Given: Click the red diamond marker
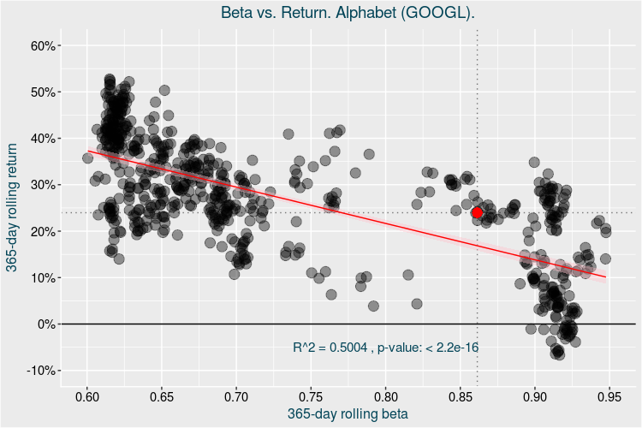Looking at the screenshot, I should (x=478, y=212).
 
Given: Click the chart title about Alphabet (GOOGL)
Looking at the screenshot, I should (x=348, y=14).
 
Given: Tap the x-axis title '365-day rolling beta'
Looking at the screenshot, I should (x=348, y=413).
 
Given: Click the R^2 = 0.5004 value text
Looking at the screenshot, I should (x=330, y=348).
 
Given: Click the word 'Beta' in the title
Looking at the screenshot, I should (x=238, y=14).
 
